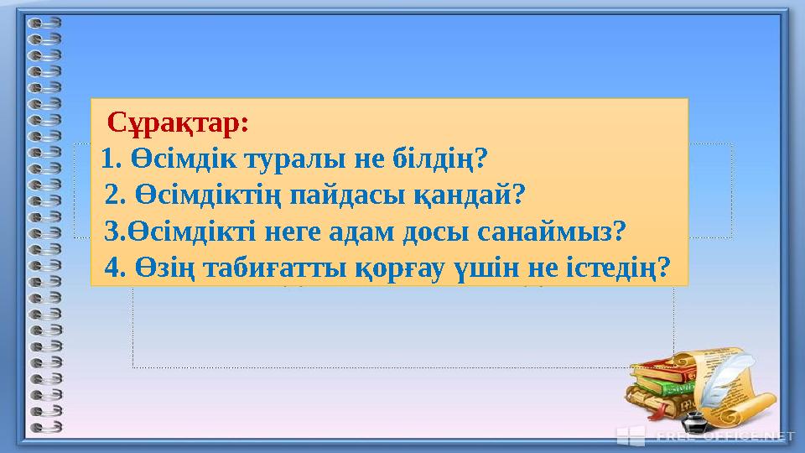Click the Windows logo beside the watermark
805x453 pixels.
631,435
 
